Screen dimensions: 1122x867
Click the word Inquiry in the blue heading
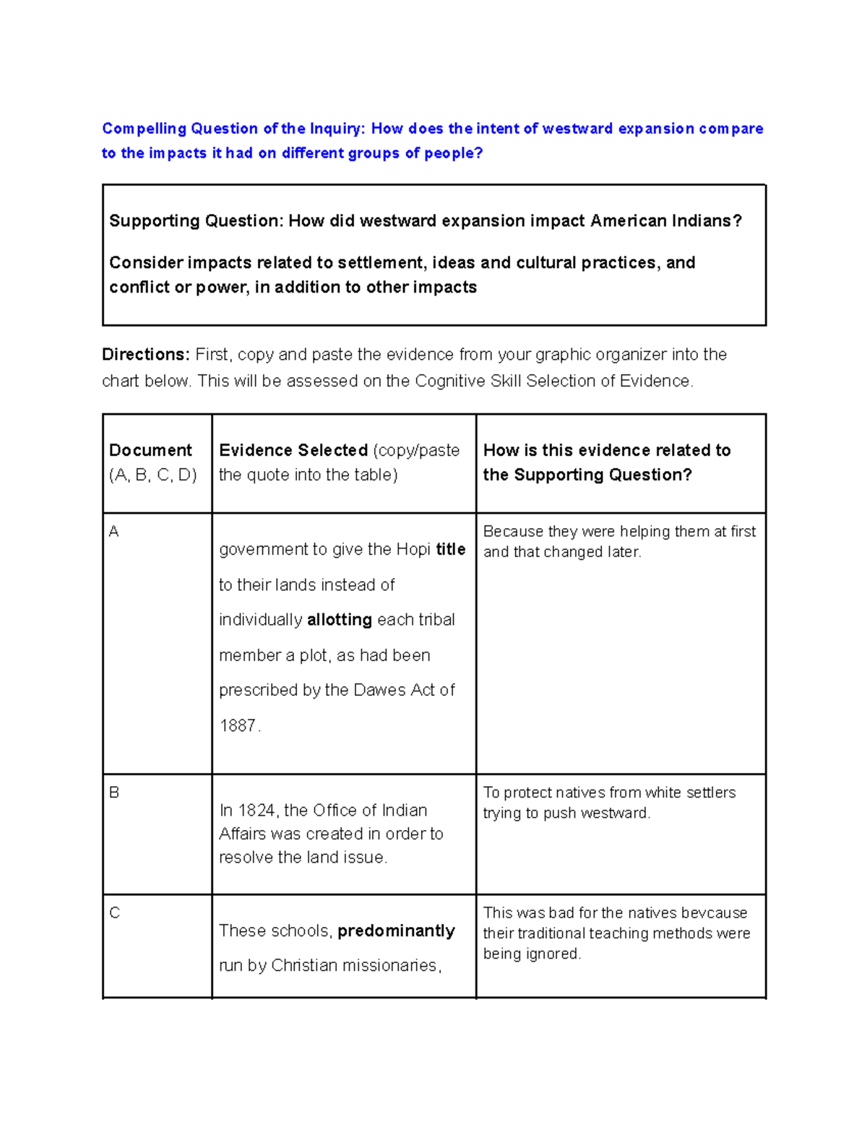click(x=338, y=129)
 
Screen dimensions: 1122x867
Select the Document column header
click(x=150, y=450)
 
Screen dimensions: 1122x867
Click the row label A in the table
click(x=113, y=532)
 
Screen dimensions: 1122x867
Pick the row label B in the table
click(x=114, y=793)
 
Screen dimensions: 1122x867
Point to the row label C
click(x=114, y=913)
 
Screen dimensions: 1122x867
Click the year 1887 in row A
click(x=237, y=725)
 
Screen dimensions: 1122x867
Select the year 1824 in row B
click(x=256, y=811)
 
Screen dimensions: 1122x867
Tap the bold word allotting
click(x=339, y=620)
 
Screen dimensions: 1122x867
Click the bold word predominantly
click(x=396, y=931)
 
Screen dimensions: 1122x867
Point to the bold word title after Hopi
click(x=451, y=549)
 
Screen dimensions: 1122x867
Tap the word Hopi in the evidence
click(x=414, y=549)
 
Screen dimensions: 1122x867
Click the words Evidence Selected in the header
click(x=293, y=450)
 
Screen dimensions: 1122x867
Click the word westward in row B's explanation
click(x=613, y=814)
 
